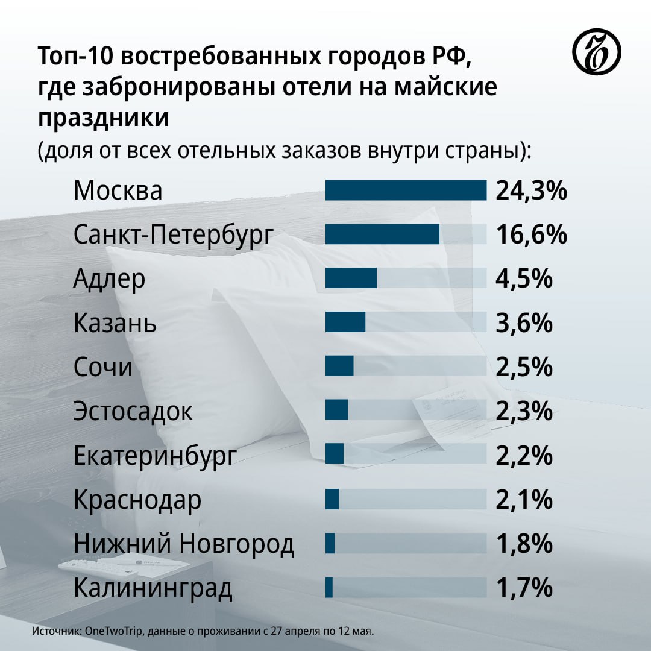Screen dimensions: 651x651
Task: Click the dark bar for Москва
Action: coord(406,190)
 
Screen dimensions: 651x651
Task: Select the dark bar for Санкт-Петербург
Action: coord(382,234)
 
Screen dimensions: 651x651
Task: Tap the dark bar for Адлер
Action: coord(351,278)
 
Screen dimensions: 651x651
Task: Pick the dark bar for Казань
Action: coord(345,322)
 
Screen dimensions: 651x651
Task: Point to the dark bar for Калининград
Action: coord(329,588)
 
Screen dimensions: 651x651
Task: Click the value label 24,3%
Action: coord(532,190)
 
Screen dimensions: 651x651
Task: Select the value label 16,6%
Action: coord(532,234)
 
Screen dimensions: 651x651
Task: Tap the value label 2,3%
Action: coord(524,411)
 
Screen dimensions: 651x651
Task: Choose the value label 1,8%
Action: coord(524,544)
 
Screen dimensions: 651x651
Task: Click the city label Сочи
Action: coord(103,367)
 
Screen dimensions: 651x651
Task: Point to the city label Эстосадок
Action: coord(133,412)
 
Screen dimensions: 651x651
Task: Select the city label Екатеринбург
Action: coord(155,456)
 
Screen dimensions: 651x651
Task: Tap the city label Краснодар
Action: coord(137,500)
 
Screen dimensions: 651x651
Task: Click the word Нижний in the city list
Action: coord(121,544)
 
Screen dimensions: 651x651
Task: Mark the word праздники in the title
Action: coord(104,117)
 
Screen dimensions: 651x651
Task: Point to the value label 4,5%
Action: coord(524,279)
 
